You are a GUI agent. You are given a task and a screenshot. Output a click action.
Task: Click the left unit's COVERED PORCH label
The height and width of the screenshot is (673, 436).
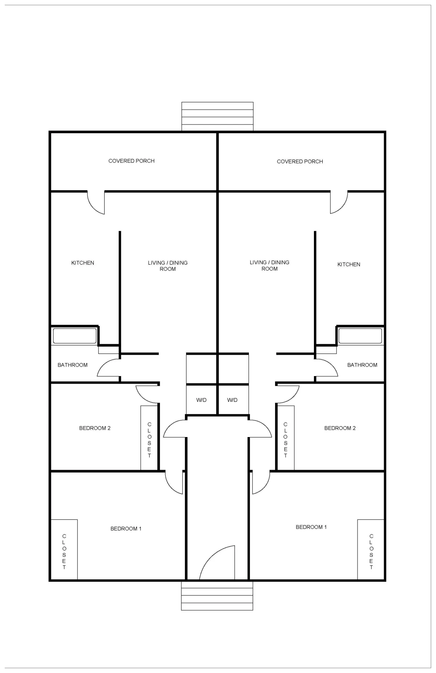click(132, 161)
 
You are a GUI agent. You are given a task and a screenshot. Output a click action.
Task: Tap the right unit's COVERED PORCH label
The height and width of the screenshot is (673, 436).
click(300, 162)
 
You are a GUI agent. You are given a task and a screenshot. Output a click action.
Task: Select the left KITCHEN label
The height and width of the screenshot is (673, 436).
click(82, 263)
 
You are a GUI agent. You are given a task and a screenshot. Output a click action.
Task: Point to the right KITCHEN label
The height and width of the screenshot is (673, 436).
click(349, 264)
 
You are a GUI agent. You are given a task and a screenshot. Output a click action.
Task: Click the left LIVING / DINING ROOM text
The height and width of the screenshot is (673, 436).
click(168, 266)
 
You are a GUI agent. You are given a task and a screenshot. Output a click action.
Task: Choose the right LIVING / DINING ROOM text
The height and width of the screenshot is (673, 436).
click(270, 265)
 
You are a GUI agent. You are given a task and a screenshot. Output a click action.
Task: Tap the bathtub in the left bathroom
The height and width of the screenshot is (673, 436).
click(75, 336)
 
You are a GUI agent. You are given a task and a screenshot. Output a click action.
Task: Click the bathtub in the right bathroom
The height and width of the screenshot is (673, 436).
click(360, 336)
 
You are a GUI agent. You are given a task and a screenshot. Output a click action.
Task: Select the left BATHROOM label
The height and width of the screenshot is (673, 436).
click(73, 365)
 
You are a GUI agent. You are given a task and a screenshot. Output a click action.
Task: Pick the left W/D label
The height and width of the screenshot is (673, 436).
click(201, 400)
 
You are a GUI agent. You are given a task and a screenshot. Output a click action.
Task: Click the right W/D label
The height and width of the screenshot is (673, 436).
click(233, 400)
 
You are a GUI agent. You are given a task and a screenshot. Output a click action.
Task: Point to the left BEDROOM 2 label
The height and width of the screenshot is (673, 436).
click(95, 428)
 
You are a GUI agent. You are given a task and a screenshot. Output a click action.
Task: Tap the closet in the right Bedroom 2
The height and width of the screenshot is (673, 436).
click(286, 438)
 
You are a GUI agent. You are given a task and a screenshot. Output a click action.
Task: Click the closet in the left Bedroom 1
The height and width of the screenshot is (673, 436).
click(64, 549)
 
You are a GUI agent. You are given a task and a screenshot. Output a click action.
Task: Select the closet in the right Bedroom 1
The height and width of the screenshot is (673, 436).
click(371, 549)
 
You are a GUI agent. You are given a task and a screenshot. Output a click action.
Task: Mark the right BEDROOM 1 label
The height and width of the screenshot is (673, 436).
click(311, 527)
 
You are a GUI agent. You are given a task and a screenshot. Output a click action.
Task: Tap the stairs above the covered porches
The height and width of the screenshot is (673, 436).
click(217, 116)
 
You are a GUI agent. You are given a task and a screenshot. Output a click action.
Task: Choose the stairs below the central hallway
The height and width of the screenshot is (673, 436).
click(217, 595)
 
